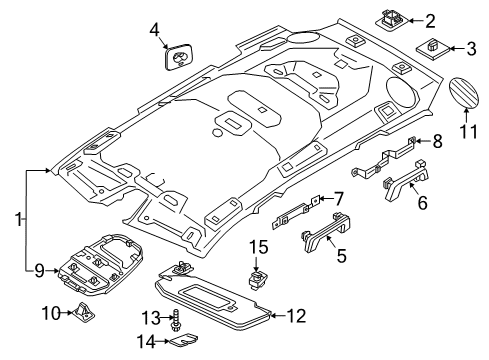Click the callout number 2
point(430,21)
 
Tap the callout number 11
point(468,131)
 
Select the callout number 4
point(154,30)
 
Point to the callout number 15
point(259,247)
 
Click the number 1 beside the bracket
point(18,220)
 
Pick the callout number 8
point(437,141)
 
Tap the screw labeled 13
point(175,320)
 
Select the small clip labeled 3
point(432,49)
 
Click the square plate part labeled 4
point(180,57)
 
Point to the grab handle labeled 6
point(406,180)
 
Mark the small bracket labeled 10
point(83,313)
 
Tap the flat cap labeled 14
point(184,341)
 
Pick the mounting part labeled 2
point(391,20)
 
